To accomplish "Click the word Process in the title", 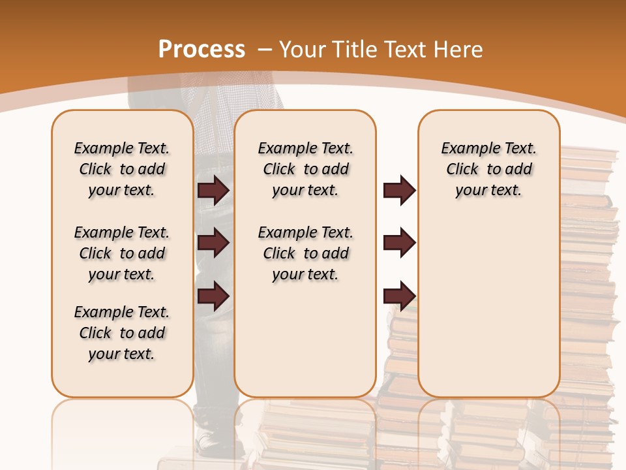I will click(x=201, y=50).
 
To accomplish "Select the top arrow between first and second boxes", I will click(x=213, y=190).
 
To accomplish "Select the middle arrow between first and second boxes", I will click(x=213, y=243).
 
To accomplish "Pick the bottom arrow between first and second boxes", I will click(x=213, y=295).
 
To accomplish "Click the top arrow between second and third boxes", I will click(x=399, y=190).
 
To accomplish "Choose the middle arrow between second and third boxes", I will click(x=399, y=243).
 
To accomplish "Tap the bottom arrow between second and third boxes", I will click(x=399, y=295).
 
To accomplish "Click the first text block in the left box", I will click(x=122, y=169).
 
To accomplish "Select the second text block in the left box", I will click(x=122, y=253).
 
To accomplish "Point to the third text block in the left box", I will click(x=122, y=333).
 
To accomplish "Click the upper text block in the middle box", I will click(x=305, y=169).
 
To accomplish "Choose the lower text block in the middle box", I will click(x=305, y=253).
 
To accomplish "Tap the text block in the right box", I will click(x=488, y=169).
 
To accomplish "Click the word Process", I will click(x=201, y=50).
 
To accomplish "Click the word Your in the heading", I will click(x=303, y=50).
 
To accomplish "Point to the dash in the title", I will click(x=265, y=50).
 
